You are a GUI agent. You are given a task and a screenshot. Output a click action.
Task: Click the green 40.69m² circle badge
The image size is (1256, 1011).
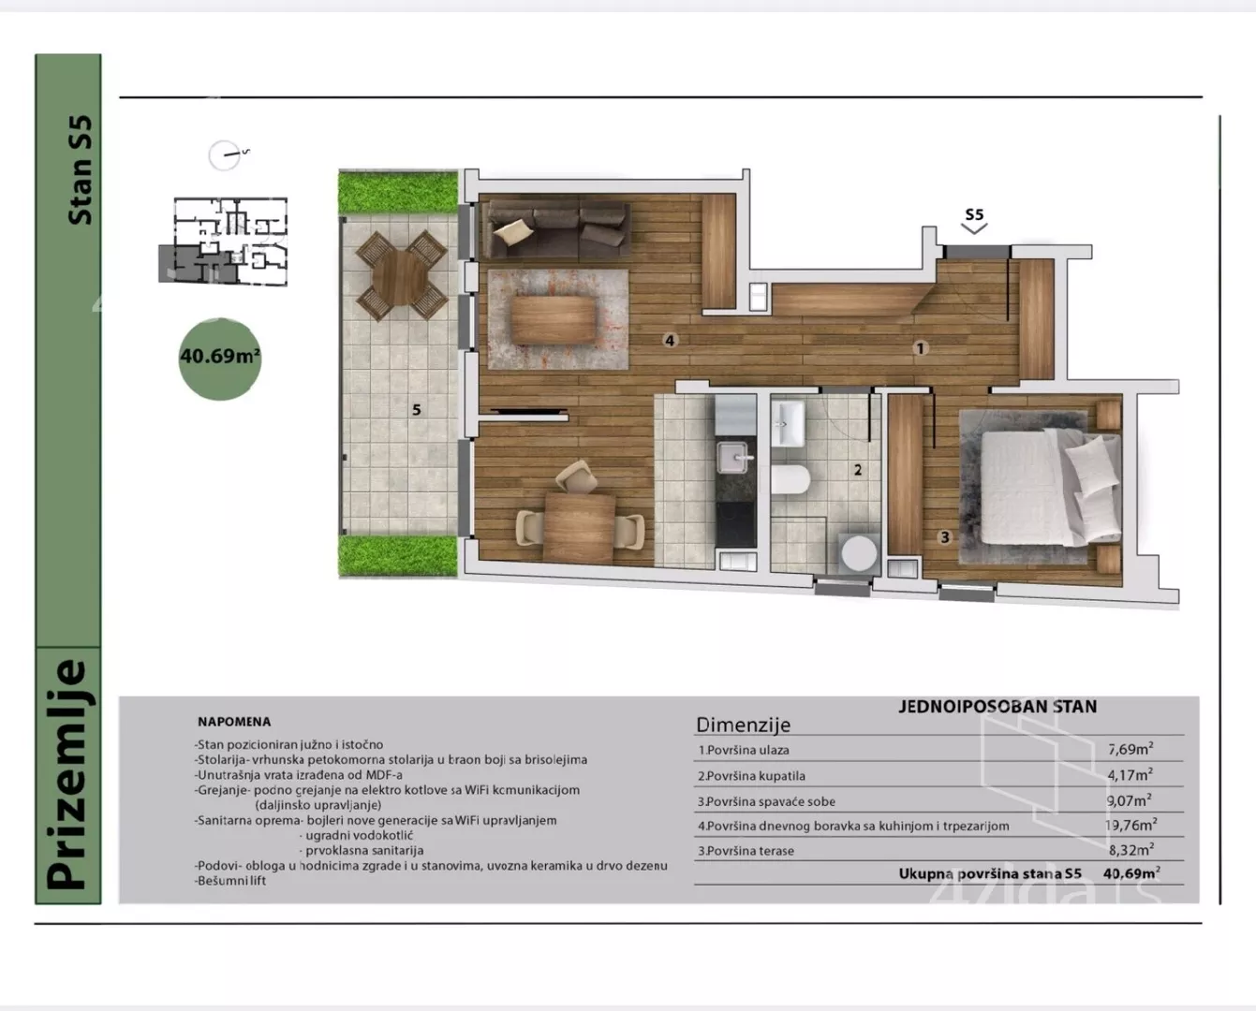point(220,359)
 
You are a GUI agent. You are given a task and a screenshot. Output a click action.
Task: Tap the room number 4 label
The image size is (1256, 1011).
point(670,340)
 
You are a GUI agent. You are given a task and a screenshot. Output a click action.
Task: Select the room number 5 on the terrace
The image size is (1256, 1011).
point(417,409)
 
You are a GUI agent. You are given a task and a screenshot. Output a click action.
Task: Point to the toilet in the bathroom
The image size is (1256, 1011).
point(791,479)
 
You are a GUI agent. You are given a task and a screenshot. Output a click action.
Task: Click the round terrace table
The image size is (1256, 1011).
point(401,275)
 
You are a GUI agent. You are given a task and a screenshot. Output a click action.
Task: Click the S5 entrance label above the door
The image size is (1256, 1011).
point(974,214)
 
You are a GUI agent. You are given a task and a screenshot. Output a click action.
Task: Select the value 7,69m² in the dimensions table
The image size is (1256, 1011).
point(1130,749)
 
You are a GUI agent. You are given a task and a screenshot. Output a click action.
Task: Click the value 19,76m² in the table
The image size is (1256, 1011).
point(1130,825)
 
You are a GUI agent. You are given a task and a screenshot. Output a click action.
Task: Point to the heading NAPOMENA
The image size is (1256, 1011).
point(234,722)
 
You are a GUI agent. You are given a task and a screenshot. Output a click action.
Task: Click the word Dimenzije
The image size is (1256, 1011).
point(743,725)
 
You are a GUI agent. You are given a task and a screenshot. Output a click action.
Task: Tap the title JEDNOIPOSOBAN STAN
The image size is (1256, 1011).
point(997,707)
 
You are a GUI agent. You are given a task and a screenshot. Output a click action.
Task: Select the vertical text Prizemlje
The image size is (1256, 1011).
point(67,775)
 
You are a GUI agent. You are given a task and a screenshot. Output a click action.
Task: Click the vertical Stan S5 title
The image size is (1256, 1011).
point(80,169)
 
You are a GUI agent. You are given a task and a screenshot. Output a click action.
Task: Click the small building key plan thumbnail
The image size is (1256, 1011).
point(224,242)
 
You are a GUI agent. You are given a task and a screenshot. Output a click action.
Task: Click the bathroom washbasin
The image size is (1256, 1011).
point(788,425)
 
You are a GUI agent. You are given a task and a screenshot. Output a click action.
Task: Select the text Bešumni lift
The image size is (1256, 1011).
point(230,880)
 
